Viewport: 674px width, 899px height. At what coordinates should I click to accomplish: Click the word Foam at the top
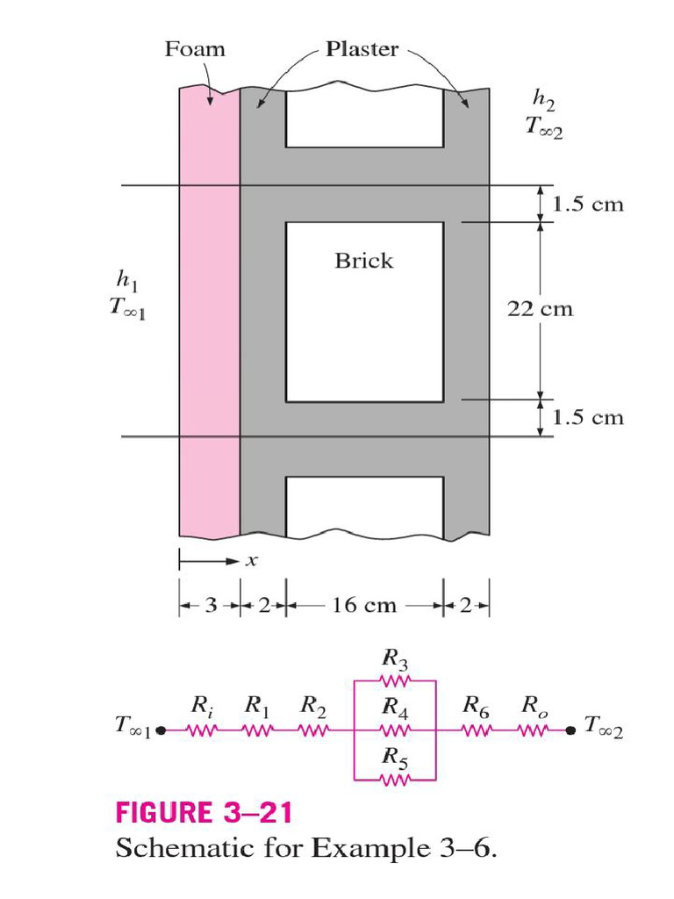195,49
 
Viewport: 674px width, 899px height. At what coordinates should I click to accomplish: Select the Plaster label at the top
362,49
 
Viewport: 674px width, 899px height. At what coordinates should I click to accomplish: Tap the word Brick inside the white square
363,261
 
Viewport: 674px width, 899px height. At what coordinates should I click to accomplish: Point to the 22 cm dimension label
540,309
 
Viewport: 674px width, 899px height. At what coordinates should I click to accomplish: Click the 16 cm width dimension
363,606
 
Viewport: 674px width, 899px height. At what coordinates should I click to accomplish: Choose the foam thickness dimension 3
210,606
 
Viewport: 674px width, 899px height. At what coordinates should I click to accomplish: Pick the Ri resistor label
200,705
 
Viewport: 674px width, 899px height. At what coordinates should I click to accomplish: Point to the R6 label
477,705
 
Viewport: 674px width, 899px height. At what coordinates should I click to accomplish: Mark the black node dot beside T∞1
160,729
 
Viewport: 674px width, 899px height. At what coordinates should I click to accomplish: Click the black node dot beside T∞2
571,729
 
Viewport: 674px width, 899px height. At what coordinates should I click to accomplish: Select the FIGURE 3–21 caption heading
204,813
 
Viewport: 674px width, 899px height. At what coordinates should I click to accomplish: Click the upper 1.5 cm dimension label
588,205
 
